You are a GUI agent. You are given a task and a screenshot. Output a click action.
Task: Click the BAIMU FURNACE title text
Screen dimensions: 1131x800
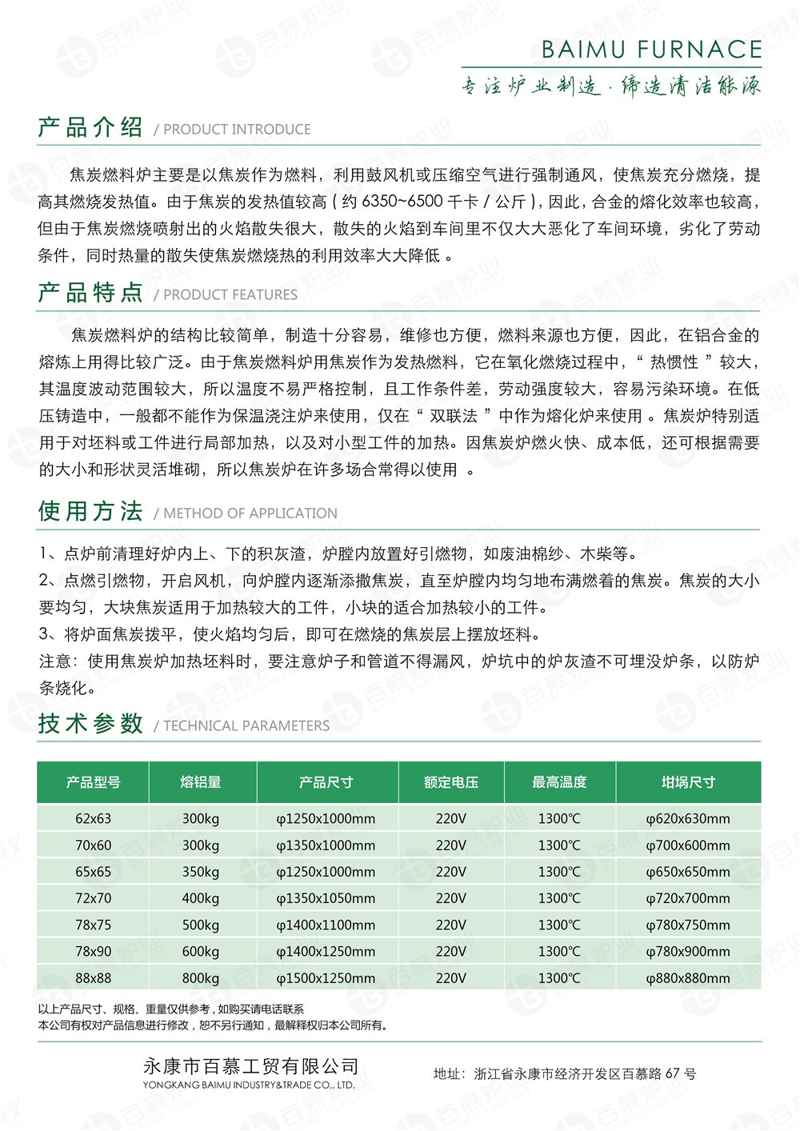tap(651, 50)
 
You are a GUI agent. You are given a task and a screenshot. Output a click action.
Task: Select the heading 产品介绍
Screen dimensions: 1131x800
tap(90, 127)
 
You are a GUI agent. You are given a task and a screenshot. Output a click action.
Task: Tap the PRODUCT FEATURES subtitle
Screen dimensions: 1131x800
tap(230, 295)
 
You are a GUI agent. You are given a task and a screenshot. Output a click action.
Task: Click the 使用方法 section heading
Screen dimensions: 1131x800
tap(90, 511)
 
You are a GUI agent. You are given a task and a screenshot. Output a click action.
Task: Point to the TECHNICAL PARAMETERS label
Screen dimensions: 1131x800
tap(246, 726)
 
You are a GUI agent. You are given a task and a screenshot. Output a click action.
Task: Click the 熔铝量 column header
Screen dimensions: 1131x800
tap(201, 782)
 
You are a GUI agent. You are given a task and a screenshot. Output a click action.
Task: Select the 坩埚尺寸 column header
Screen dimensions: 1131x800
tap(688, 782)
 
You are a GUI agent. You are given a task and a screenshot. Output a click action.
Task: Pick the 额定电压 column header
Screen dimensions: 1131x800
tap(450, 782)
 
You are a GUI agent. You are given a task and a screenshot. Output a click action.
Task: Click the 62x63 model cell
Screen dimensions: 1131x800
tap(94, 818)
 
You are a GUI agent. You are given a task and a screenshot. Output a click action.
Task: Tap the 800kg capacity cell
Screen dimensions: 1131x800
tap(201, 978)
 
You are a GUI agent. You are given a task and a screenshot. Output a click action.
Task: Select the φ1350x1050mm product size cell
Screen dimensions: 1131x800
tap(326, 898)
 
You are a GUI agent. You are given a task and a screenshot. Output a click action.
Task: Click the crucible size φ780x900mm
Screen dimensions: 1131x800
tap(688, 952)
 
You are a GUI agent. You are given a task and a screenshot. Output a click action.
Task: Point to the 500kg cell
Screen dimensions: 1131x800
tap(201, 925)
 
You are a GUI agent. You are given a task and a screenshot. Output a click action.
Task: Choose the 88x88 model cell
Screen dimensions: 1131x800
tap(94, 978)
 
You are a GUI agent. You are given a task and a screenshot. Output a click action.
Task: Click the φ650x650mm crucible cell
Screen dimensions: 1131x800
tap(688, 872)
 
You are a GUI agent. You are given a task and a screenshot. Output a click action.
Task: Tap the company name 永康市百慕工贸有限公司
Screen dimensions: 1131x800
tap(250, 1066)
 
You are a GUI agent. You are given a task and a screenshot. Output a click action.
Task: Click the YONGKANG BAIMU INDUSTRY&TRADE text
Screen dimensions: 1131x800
tap(249, 1085)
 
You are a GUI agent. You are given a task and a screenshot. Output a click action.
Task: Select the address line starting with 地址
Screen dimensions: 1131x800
tap(565, 1073)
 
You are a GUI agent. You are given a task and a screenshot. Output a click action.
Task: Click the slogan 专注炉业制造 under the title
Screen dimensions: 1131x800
tap(530, 86)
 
